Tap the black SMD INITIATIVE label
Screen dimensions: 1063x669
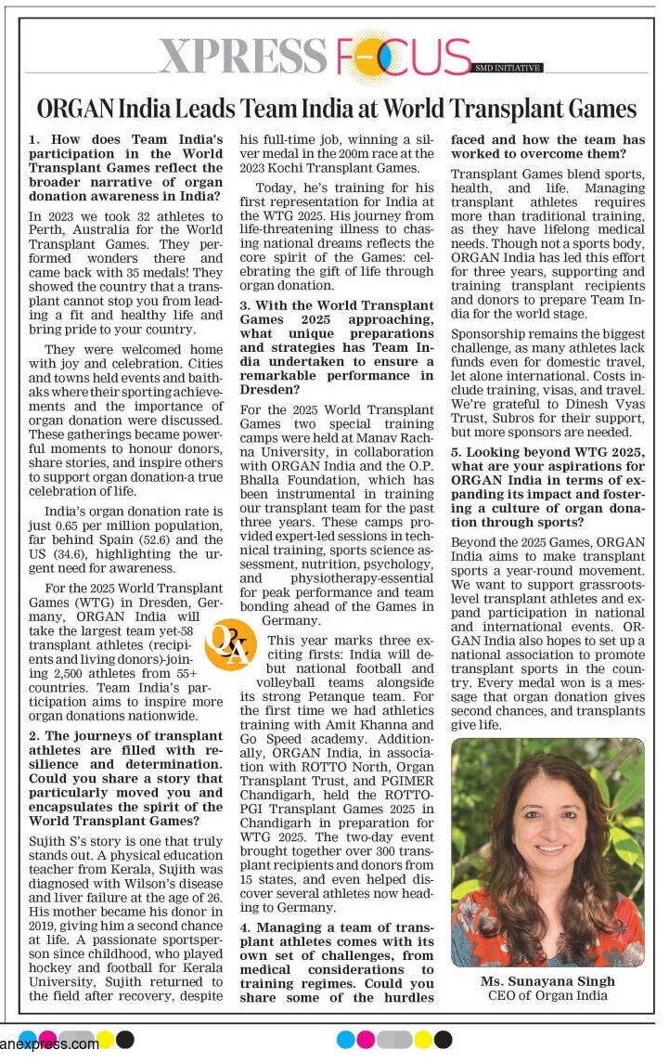(x=508, y=68)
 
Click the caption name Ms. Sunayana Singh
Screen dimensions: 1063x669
(x=547, y=981)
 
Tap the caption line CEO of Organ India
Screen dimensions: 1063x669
(x=547, y=995)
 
